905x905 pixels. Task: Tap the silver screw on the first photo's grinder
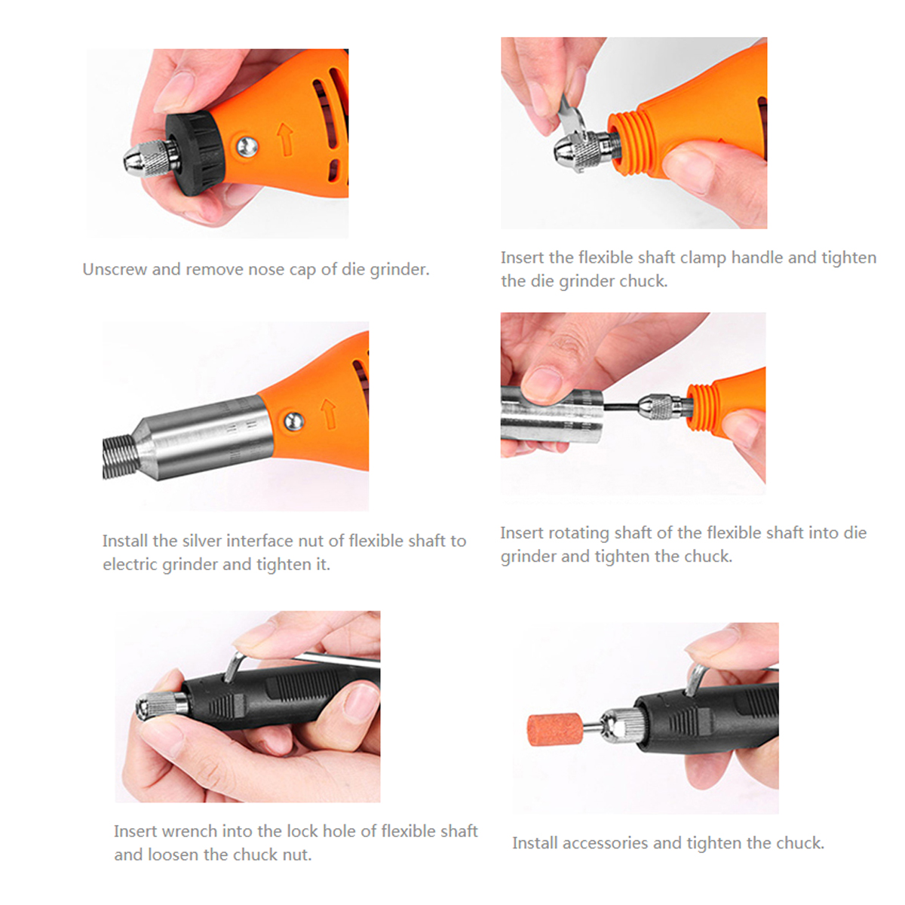(x=247, y=146)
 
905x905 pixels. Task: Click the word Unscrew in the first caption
(x=115, y=269)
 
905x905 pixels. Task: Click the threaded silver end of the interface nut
(x=121, y=456)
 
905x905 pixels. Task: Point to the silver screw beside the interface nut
(x=294, y=421)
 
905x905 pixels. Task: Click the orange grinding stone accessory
(x=554, y=729)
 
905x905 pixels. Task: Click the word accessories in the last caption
(x=606, y=843)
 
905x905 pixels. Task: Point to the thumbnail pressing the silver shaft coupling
(x=544, y=385)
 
